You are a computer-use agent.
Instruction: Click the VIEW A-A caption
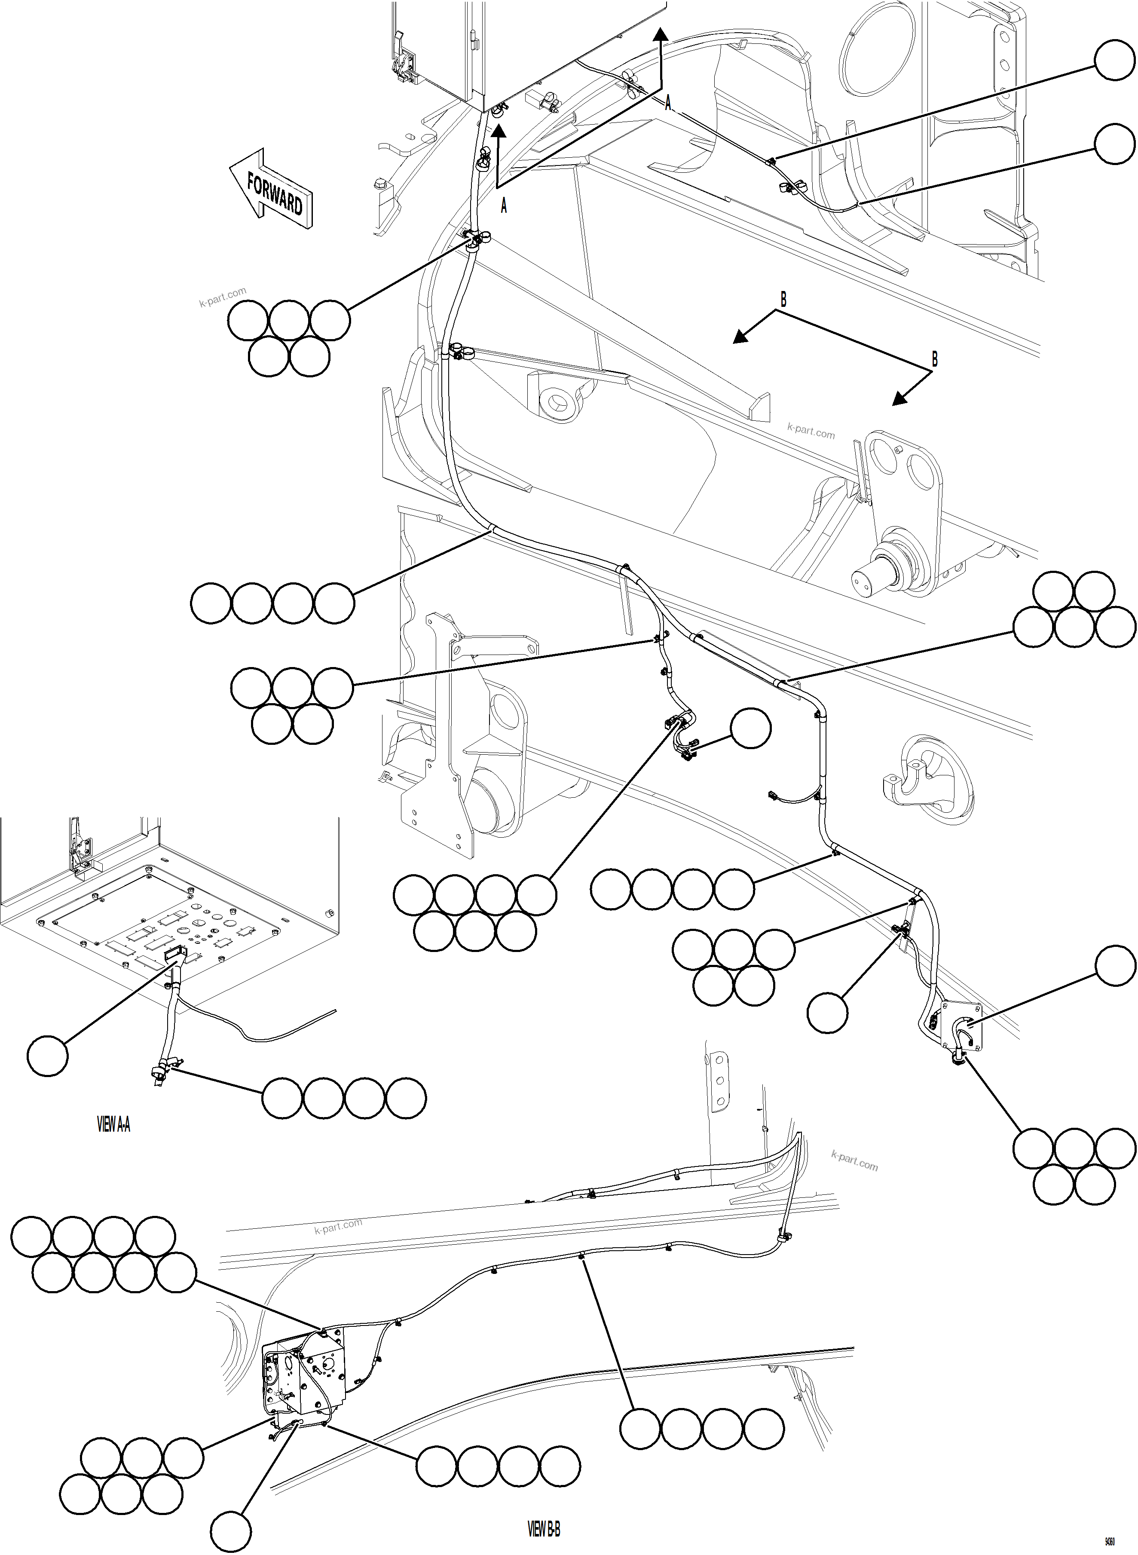point(113,1125)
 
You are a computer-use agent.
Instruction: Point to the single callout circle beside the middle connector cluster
point(750,728)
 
